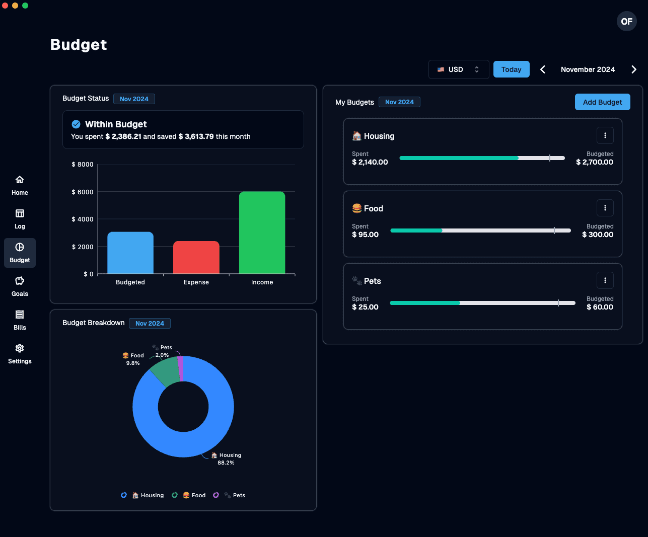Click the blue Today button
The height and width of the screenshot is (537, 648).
pos(511,69)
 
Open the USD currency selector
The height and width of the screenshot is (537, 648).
pos(458,69)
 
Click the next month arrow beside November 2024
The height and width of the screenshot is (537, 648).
pos(633,69)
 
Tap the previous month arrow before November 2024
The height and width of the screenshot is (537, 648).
pos(543,69)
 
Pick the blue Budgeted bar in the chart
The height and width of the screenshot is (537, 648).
pos(130,253)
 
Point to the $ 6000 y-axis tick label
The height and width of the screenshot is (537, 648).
pos(83,192)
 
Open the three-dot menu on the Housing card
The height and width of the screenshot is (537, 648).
pos(605,135)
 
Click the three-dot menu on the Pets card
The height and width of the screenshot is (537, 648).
pos(605,280)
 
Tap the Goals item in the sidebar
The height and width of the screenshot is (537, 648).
pos(20,286)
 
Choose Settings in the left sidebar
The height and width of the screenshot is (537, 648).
pos(20,353)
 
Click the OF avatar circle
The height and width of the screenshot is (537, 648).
pos(626,21)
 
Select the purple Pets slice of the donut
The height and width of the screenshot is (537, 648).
pos(180,368)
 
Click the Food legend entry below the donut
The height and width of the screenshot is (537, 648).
pos(194,495)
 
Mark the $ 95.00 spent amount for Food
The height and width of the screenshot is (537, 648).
pos(365,235)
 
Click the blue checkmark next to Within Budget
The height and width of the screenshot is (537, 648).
pos(76,124)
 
